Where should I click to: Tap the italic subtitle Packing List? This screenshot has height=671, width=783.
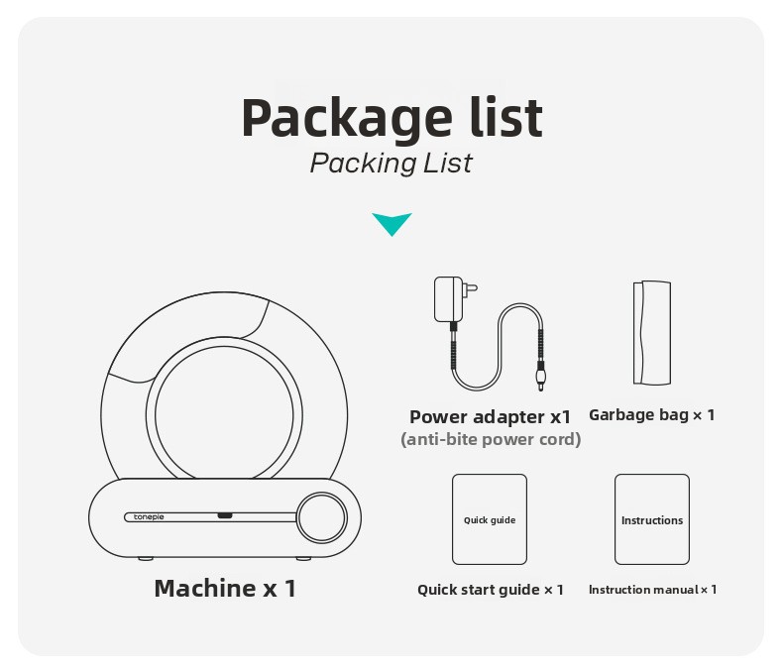(x=391, y=164)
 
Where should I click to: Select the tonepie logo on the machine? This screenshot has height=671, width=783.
(x=149, y=517)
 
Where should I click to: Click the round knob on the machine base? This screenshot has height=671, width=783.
(x=321, y=517)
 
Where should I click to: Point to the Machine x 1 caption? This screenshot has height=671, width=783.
(x=225, y=588)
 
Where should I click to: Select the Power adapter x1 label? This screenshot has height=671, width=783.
(x=490, y=417)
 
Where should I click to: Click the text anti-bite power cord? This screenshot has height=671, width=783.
(x=491, y=439)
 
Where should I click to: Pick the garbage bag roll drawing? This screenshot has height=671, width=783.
(x=652, y=332)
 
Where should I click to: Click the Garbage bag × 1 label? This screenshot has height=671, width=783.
(x=652, y=415)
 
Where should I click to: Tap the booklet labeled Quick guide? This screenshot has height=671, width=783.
(x=490, y=519)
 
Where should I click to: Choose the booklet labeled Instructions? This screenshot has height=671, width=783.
(x=652, y=519)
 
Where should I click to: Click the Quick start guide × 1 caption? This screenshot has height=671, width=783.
(x=491, y=590)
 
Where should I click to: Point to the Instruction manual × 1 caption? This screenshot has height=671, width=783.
(x=653, y=590)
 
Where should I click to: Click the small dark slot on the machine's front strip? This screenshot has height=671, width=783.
(x=225, y=515)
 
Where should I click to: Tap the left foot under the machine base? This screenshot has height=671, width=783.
(x=146, y=558)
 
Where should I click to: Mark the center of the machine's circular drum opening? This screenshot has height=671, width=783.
(x=224, y=413)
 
